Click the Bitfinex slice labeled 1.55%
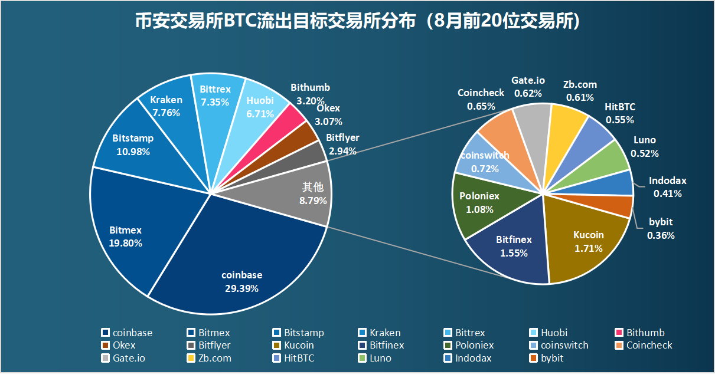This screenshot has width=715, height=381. pyautogui.click(x=514, y=248)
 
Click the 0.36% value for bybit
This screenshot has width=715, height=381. pyautogui.click(x=661, y=235)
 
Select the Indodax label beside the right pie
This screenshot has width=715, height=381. pyautogui.click(x=668, y=181)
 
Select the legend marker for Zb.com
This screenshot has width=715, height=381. pyautogui.click(x=191, y=358)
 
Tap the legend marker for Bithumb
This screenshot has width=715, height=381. pyautogui.click(x=619, y=333)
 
